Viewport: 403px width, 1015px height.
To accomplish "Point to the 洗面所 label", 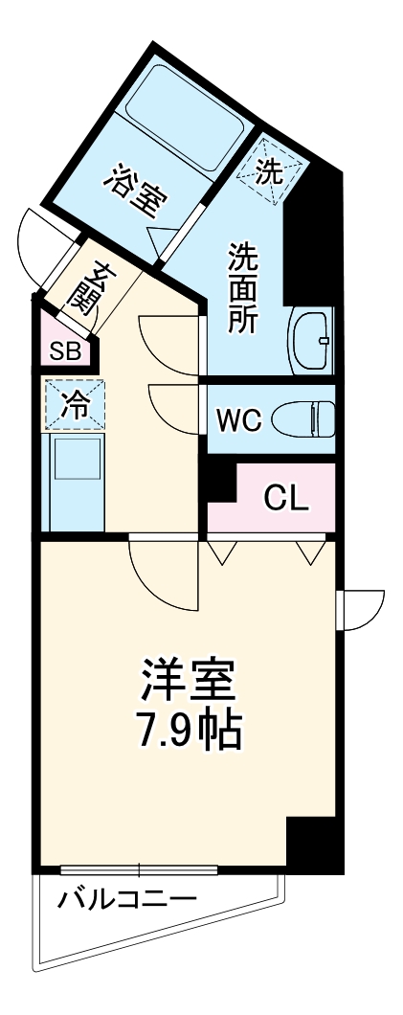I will pos(242,287).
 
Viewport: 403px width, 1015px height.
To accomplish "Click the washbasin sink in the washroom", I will pos(311,341).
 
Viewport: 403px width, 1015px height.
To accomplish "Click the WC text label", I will pos(237,420).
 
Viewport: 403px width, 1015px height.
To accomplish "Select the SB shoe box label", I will pos(65,350).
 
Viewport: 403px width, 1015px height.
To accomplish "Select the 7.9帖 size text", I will pos(188,732).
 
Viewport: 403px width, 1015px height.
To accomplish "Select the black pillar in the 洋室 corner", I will pos(313,843).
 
